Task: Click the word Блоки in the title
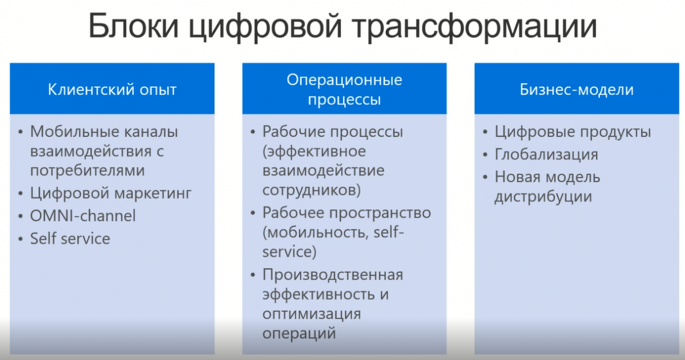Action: [134, 26]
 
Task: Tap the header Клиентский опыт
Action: [112, 90]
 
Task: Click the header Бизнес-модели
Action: [577, 90]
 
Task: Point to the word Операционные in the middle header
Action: [344, 80]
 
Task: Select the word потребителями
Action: [87, 171]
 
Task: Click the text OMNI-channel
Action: [83, 216]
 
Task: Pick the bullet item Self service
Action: [70, 238]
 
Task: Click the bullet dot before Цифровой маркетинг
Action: [21, 194]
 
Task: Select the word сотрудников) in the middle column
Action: [312, 190]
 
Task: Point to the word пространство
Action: [380, 213]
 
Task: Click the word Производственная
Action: [333, 274]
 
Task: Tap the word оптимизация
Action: [312, 314]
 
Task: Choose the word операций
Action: [299, 333]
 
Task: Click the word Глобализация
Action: [546, 155]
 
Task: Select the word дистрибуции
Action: [543, 196]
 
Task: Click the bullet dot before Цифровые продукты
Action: [485, 132]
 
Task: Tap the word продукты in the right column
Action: [615, 132]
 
